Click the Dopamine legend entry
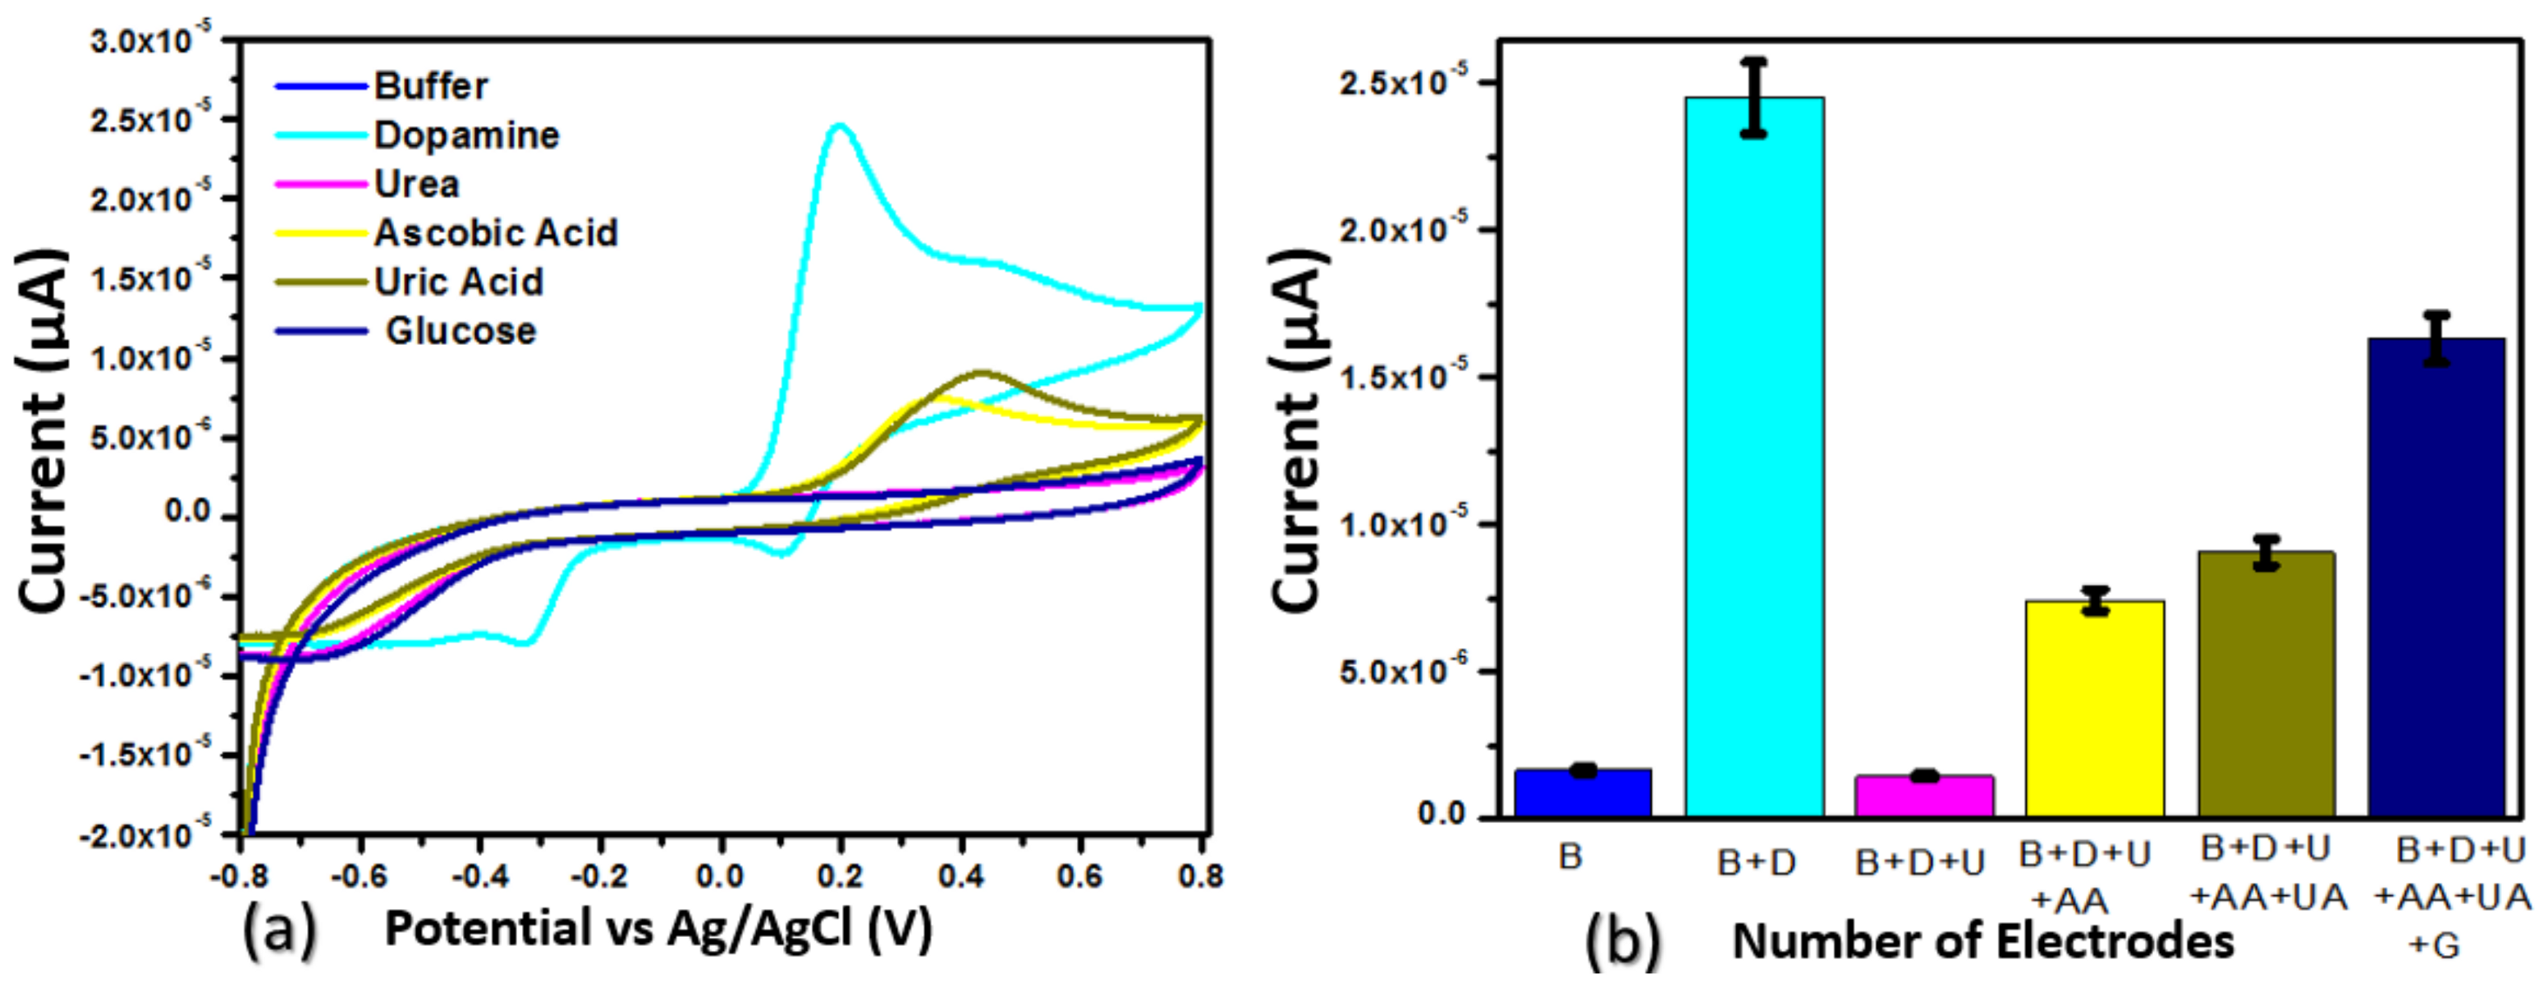click(465, 135)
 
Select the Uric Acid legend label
click(458, 282)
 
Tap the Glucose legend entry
click(460, 330)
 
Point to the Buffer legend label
click(430, 86)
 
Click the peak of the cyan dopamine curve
click(841, 126)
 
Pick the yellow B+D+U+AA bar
click(2094, 707)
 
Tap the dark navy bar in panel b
click(2436, 579)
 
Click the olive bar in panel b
click(2266, 682)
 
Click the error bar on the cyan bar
click(1753, 97)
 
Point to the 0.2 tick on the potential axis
click(840, 876)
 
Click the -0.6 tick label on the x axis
click(359, 876)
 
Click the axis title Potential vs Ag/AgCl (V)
click(658, 929)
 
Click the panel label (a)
click(279, 930)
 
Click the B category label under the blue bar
click(1570, 857)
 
